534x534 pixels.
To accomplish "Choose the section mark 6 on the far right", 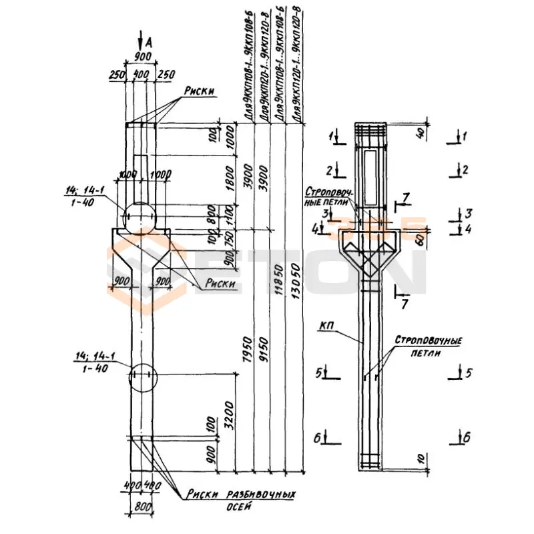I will point(467,439).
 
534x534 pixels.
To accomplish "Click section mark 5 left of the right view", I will point(320,371).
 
